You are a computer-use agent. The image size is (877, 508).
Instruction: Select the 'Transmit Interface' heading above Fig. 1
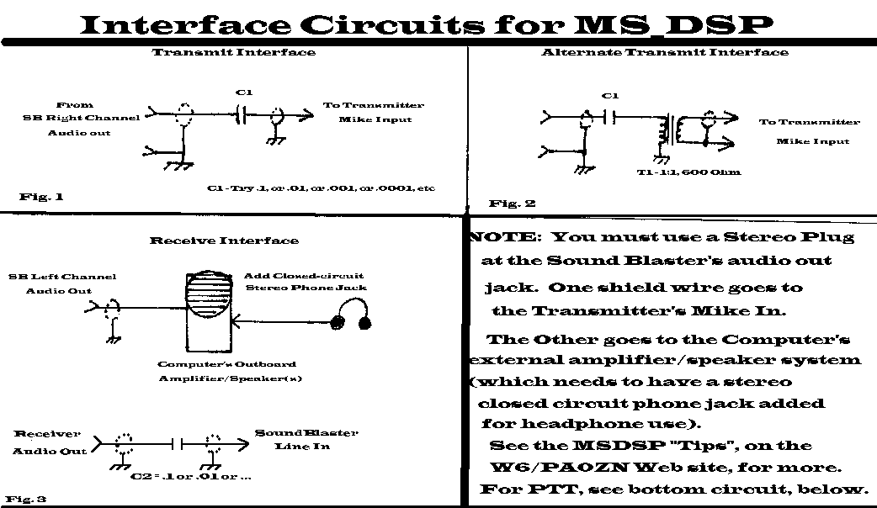(x=234, y=52)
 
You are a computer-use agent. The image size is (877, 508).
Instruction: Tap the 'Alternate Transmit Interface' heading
(x=665, y=52)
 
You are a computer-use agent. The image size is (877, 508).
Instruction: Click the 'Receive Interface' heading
(x=224, y=241)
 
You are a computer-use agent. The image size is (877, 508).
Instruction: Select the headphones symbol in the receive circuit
(x=352, y=322)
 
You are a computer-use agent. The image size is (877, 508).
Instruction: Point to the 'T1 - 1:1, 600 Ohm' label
(x=689, y=172)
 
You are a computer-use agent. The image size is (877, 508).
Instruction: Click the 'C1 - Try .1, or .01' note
(x=321, y=187)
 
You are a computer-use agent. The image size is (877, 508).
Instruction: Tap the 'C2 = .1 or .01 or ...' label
(x=192, y=477)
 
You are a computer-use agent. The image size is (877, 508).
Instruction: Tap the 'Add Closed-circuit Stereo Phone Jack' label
(x=305, y=282)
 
